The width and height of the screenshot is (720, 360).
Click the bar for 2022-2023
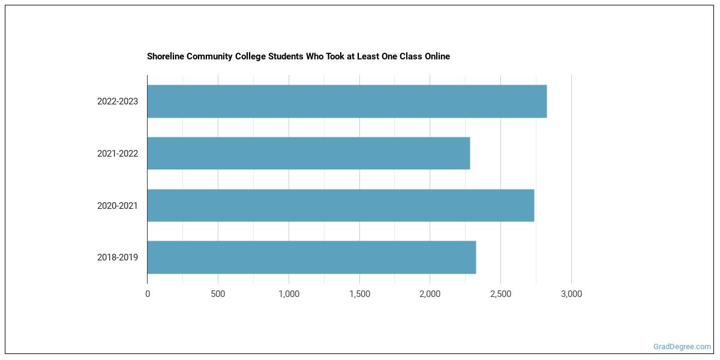(347, 101)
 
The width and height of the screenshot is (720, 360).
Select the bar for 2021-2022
(308, 153)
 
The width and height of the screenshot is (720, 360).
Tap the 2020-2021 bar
(340, 205)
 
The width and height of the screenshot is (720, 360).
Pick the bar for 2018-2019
(311, 257)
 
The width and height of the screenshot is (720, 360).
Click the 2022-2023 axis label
(118, 101)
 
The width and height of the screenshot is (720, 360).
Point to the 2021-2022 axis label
(118, 154)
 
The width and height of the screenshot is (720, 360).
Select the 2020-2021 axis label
(118, 206)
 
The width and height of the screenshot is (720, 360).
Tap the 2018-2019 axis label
(118, 257)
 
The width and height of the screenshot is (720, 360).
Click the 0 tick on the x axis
(148, 294)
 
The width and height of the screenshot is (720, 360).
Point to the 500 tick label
(218, 294)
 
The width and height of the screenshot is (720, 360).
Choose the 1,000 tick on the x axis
(289, 294)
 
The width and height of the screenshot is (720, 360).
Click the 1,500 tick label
(359, 294)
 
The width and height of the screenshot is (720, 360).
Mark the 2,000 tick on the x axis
(430, 294)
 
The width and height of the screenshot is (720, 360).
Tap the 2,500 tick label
(500, 294)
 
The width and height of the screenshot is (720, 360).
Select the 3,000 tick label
(571, 294)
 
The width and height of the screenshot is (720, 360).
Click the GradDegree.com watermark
(682, 346)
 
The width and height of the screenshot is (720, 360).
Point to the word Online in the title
(436, 56)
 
